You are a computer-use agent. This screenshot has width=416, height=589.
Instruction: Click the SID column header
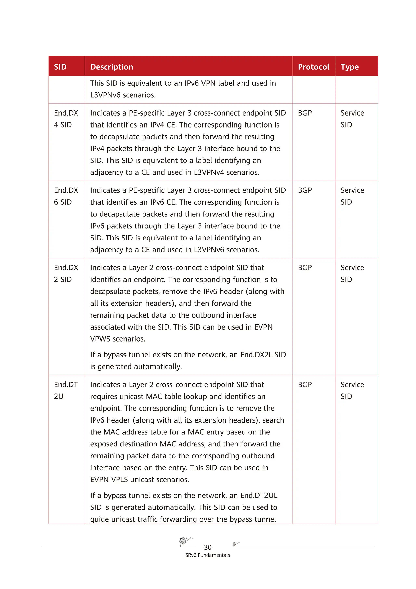(60, 67)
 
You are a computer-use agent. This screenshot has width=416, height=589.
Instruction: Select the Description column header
(112, 67)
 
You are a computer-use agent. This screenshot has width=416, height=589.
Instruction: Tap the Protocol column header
(313, 67)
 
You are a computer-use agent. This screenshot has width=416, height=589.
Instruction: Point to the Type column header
(350, 67)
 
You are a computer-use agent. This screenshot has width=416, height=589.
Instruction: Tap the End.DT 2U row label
(66, 390)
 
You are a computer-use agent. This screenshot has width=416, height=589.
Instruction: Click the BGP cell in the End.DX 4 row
(305, 113)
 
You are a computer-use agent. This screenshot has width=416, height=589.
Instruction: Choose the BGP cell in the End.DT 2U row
(305, 385)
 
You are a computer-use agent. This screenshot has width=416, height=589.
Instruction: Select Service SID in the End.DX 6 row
(352, 196)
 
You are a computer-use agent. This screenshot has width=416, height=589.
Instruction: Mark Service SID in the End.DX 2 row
(352, 273)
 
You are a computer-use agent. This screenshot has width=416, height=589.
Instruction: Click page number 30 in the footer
(208, 547)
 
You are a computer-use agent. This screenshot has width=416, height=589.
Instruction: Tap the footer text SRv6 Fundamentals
(208, 555)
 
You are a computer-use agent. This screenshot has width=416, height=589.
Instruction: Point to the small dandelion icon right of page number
(235, 544)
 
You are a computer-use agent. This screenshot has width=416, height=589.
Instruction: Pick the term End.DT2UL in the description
(259, 495)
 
